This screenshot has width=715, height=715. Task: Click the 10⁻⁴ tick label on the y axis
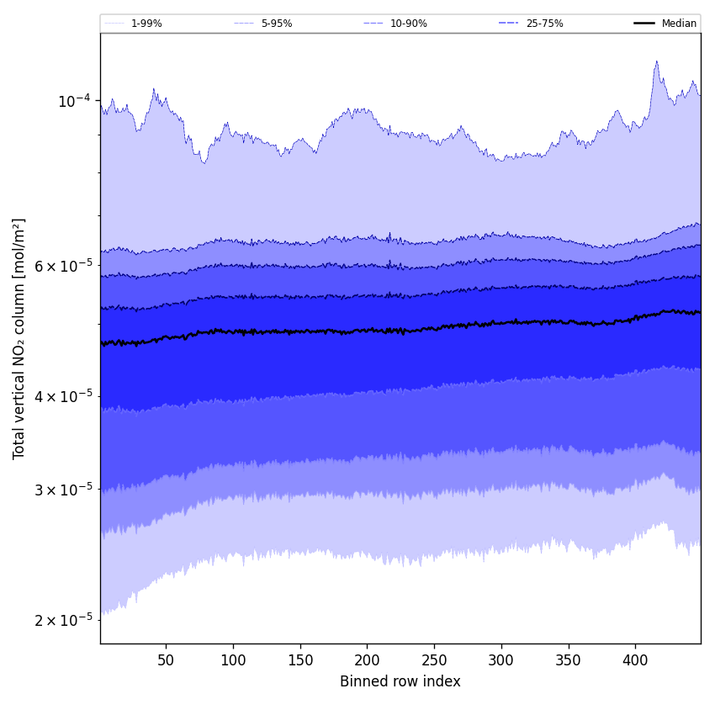(73, 102)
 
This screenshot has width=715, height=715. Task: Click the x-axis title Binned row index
(400, 681)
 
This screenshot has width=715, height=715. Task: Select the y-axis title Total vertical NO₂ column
(19, 338)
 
